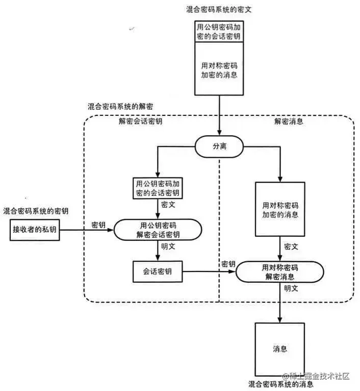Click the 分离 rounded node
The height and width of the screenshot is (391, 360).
click(x=219, y=146)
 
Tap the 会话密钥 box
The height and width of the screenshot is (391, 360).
click(x=158, y=272)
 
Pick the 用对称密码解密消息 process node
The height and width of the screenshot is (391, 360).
click(x=280, y=272)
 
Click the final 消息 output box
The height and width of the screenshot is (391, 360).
click(x=280, y=350)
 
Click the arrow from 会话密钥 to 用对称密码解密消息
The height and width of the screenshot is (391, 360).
click(x=209, y=272)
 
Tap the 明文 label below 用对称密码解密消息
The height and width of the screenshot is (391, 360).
click(x=291, y=288)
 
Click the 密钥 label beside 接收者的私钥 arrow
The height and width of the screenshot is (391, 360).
click(x=99, y=225)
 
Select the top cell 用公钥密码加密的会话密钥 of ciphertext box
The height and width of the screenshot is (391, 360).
click(x=219, y=31)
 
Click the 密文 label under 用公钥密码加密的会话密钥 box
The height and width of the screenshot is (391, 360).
click(x=169, y=204)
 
